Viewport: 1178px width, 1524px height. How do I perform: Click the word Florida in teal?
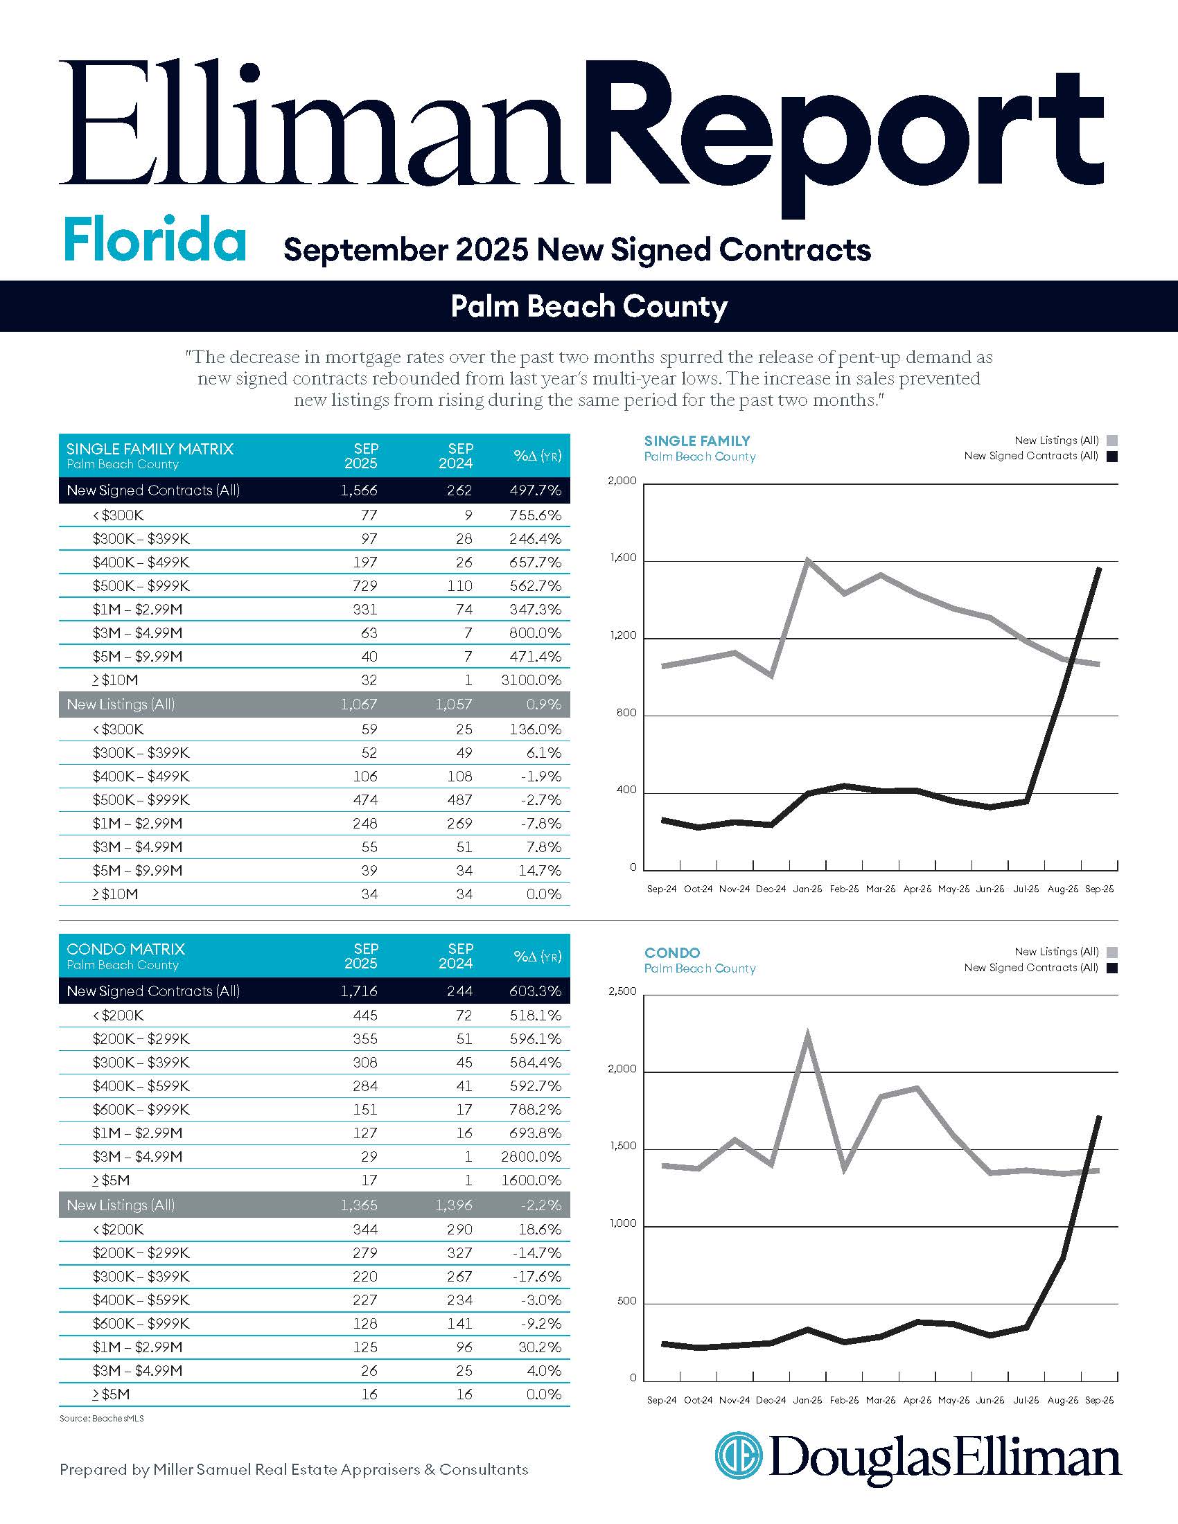[x=155, y=240]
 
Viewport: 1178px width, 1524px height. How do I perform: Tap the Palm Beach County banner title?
[x=588, y=306]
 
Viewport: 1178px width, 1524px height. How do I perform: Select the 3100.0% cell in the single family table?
[x=531, y=680]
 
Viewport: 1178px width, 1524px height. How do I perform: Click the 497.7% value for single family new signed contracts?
[x=535, y=490]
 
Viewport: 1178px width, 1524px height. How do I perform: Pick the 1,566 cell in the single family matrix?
[x=359, y=490]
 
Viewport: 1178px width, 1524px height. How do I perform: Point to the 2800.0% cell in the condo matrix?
[x=531, y=1157]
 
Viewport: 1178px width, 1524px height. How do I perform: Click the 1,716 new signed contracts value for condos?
[x=359, y=991]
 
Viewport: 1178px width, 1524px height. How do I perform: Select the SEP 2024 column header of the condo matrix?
[x=456, y=956]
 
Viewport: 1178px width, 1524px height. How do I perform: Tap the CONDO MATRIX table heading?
[x=125, y=949]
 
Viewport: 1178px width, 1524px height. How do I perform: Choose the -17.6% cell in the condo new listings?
[x=536, y=1276]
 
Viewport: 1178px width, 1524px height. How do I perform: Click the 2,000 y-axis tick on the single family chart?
[x=622, y=481]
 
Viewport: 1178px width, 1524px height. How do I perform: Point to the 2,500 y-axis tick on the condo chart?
[x=622, y=991]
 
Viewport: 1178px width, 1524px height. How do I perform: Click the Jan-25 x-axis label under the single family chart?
[x=807, y=889]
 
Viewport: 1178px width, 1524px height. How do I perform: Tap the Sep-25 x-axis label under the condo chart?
[x=1099, y=1401]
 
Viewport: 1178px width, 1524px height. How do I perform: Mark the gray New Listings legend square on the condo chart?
[x=1112, y=952]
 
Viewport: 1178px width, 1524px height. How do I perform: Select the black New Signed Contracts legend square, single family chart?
[x=1112, y=457]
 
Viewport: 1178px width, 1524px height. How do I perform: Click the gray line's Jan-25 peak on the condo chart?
[x=807, y=1034]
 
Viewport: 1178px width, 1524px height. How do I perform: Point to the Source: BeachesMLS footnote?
[x=102, y=1419]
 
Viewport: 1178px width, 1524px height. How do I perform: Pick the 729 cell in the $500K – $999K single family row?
[x=365, y=586]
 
